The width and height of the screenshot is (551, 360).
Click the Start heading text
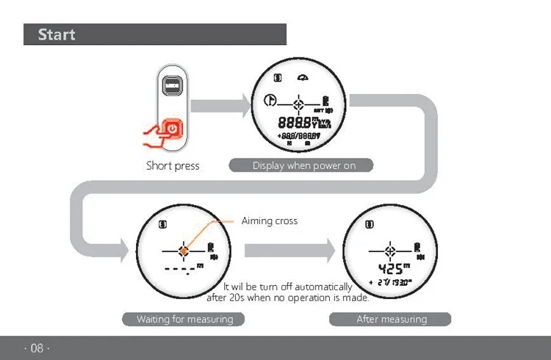[x=57, y=35]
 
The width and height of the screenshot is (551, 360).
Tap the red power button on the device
[x=171, y=128]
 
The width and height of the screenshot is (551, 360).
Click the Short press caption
[x=173, y=165]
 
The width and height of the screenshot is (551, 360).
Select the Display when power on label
[x=304, y=165]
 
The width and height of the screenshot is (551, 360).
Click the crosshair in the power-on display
[x=298, y=103]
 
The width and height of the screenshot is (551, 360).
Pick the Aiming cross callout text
[x=270, y=220]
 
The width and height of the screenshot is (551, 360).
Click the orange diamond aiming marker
[x=183, y=251]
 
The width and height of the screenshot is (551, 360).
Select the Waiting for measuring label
[x=184, y=319]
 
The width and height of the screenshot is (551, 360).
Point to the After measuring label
[x=391, y=319]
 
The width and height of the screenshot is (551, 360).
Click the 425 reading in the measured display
[x=389, y=268]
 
